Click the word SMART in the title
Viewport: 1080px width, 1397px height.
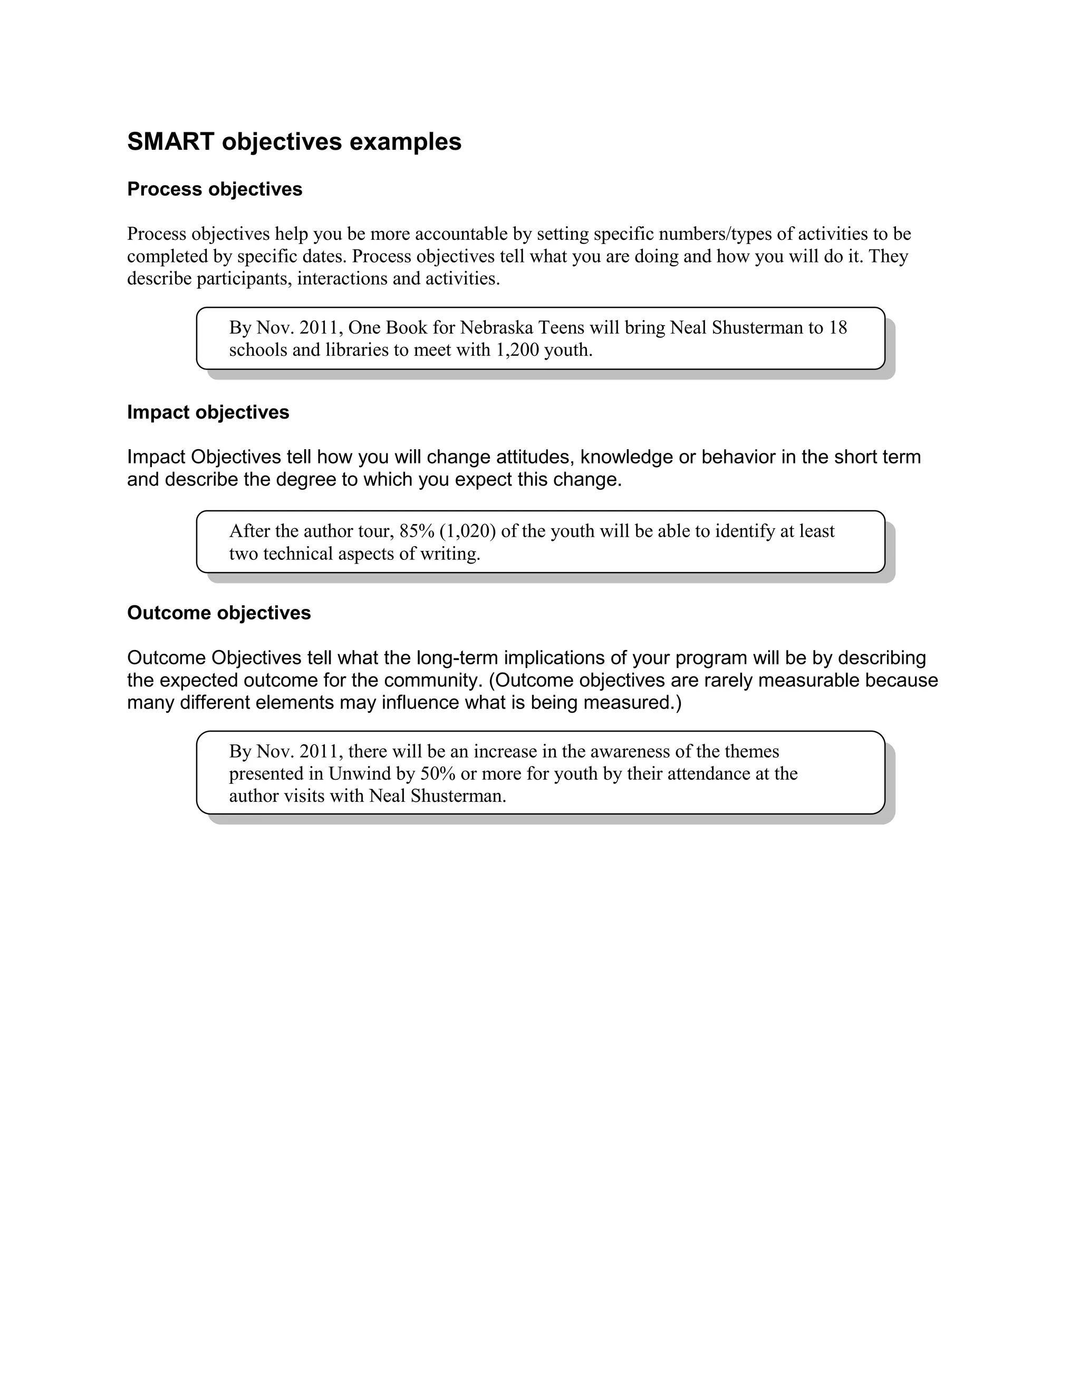click(x=170, y=141)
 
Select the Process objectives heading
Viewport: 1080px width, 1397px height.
click(x=214, y=189)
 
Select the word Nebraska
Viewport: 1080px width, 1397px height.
click(x=496, y=327)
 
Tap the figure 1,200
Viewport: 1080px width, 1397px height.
click(x=517, y=350)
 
